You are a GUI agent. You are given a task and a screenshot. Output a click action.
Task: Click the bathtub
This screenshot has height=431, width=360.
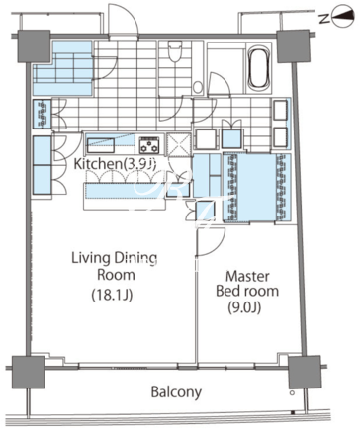point(259,68)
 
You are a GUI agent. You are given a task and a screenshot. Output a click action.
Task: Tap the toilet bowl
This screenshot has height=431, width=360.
point(175,51)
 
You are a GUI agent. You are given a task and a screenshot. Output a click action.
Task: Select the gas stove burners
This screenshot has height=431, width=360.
point(150,145)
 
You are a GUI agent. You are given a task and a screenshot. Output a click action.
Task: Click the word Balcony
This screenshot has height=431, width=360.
point(176,392)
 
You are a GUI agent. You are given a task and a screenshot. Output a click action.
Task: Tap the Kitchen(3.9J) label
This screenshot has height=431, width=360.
point(115,164)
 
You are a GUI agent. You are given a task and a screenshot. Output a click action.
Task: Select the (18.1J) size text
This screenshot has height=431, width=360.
point(112,296)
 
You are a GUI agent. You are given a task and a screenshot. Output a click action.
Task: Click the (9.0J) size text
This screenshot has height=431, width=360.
point(244,307)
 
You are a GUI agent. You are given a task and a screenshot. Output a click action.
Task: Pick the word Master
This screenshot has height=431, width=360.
point(247,276)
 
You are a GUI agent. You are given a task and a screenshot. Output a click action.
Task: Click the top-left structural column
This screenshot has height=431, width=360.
point(34,46)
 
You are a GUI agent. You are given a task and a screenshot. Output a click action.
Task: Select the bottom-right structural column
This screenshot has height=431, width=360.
point(305,372)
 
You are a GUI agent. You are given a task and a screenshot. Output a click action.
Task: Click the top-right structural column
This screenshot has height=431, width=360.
point(293,46)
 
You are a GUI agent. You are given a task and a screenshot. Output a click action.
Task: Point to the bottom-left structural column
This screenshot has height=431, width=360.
point(28,372)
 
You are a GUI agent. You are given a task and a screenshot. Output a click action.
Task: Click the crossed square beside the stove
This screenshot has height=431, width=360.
point(179,144)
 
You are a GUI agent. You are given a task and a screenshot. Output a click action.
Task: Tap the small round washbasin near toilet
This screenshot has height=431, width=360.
point(198,87)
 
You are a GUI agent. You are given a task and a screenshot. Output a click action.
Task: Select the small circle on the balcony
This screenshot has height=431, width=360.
point(292,393)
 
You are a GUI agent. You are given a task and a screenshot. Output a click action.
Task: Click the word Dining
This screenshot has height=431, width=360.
point(136,259)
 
